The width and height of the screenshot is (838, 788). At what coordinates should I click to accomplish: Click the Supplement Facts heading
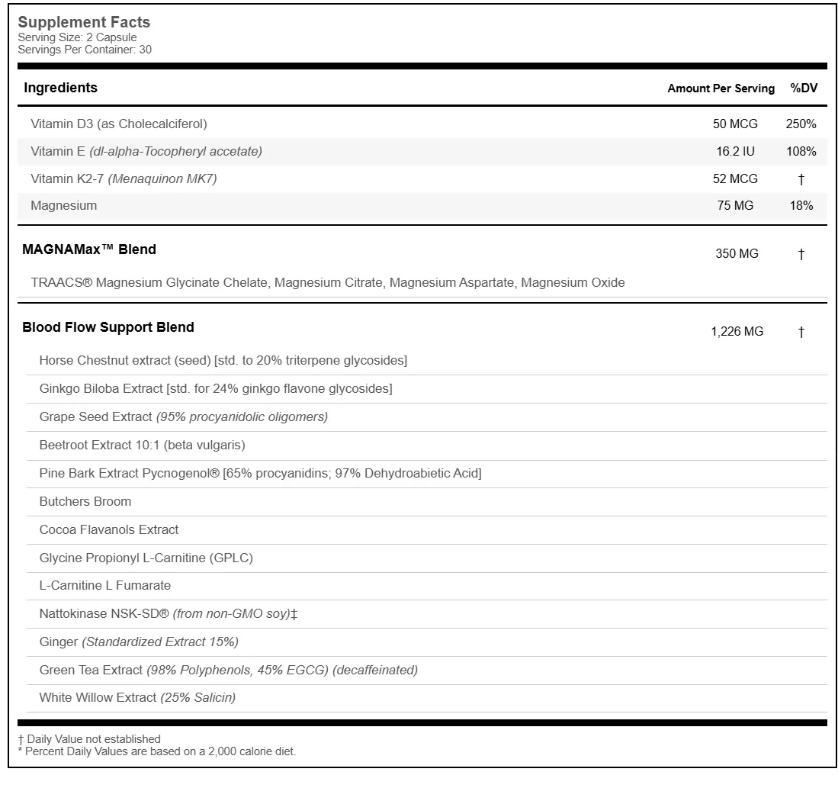[x=84, y=23]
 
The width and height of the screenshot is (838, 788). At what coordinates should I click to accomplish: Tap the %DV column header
[x=804, y=88]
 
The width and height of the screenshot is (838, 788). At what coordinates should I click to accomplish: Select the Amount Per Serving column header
[x=721, y=88]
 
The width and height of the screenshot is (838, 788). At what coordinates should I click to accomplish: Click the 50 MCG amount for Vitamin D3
[x=734, y=124]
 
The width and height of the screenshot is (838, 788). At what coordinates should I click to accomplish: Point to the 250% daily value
[x=801, y=124]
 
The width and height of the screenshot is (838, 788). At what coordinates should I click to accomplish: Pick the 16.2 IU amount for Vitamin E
[x=735, y=151]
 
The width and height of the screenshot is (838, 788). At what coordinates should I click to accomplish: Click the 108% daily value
[x=801, y=151]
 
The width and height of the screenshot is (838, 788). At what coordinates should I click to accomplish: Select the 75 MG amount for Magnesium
[x=735, y=205]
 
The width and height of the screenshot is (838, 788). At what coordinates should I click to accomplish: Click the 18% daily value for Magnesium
[x=801, y=205]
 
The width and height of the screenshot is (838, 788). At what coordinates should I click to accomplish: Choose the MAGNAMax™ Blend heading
[x=89, y=249]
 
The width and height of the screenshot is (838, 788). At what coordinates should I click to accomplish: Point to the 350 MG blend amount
[x=737, y=253]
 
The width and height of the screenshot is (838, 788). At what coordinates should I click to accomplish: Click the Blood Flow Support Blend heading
[x=108, y=327]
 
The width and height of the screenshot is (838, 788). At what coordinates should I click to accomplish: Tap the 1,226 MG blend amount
[x=737, y=331]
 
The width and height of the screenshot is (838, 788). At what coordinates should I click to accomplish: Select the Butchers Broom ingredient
[x=85, y=501]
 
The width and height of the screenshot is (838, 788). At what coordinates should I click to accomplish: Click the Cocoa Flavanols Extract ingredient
[x=109, y=529]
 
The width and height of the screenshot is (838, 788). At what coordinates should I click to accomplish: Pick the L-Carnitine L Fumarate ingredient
[x=105, y=585]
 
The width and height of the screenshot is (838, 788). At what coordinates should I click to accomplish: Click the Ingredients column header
[x=61, y=88]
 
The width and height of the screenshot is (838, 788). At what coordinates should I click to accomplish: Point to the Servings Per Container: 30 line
[x=85, y=50]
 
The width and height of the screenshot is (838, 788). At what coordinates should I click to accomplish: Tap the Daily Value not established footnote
[x=90, y=738]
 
